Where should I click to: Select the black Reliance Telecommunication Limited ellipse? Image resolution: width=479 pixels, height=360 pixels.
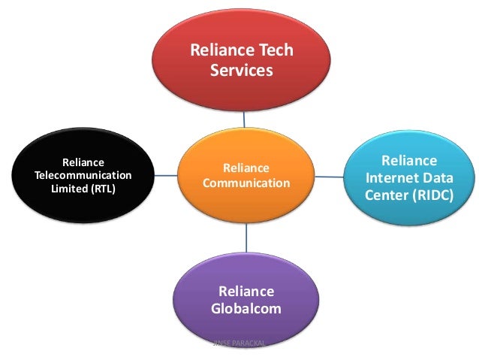83,174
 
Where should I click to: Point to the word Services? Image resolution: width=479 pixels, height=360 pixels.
241,71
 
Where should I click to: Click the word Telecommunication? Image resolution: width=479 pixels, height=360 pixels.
83,175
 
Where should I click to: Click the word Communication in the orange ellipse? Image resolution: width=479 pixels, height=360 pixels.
246,183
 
